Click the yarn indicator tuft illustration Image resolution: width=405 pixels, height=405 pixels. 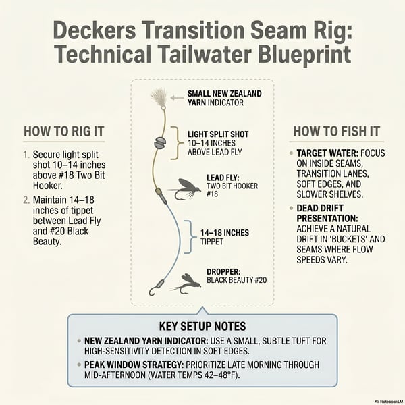(x=159, y=98)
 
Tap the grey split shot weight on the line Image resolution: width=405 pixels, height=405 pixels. (x=160, y=142)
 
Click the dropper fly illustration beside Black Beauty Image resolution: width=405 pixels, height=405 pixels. (x=186, y=283)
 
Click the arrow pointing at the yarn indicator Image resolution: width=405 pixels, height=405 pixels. (x=177, y=98)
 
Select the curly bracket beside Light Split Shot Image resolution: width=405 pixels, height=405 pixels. (x=175, y=143)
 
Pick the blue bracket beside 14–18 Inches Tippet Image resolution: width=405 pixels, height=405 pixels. (x=189, y=237)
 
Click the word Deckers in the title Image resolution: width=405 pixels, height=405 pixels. (x=94, y=31)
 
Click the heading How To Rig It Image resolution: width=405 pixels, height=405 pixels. (x=64, y=131)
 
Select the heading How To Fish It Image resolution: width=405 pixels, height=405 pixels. (x=337, y=131)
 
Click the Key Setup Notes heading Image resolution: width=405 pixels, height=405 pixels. (x=202, y=326)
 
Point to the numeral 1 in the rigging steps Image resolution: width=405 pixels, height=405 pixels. (x=26, y=155)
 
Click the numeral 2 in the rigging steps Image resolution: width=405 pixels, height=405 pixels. (x=26, y=200)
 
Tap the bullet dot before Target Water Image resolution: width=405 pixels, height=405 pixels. (x=292, y=153)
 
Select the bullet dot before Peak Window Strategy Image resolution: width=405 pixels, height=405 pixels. (x=79, y=364)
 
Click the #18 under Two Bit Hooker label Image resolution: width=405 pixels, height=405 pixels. (x=213, y=194)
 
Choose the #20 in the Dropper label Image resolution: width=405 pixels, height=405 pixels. (x=261, y=280)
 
